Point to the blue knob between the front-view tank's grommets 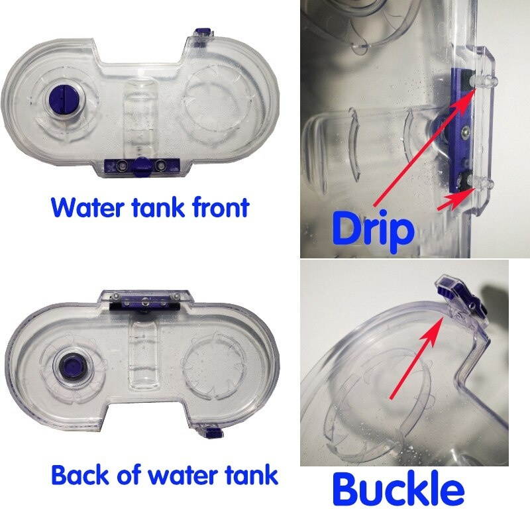(x=140, y=166)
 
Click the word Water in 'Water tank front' (x=87, y=207)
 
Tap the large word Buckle (x=397, y=490)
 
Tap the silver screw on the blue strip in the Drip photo (x=466, y=132)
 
